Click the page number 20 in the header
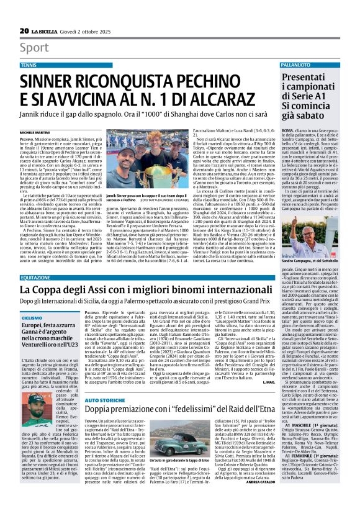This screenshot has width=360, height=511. pyautogui.click(x=24, y=30)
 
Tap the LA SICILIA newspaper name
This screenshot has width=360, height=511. pyautogui.click(x=50, y=30)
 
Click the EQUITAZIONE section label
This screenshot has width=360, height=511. pyautogui.click(x=35, y=278)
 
